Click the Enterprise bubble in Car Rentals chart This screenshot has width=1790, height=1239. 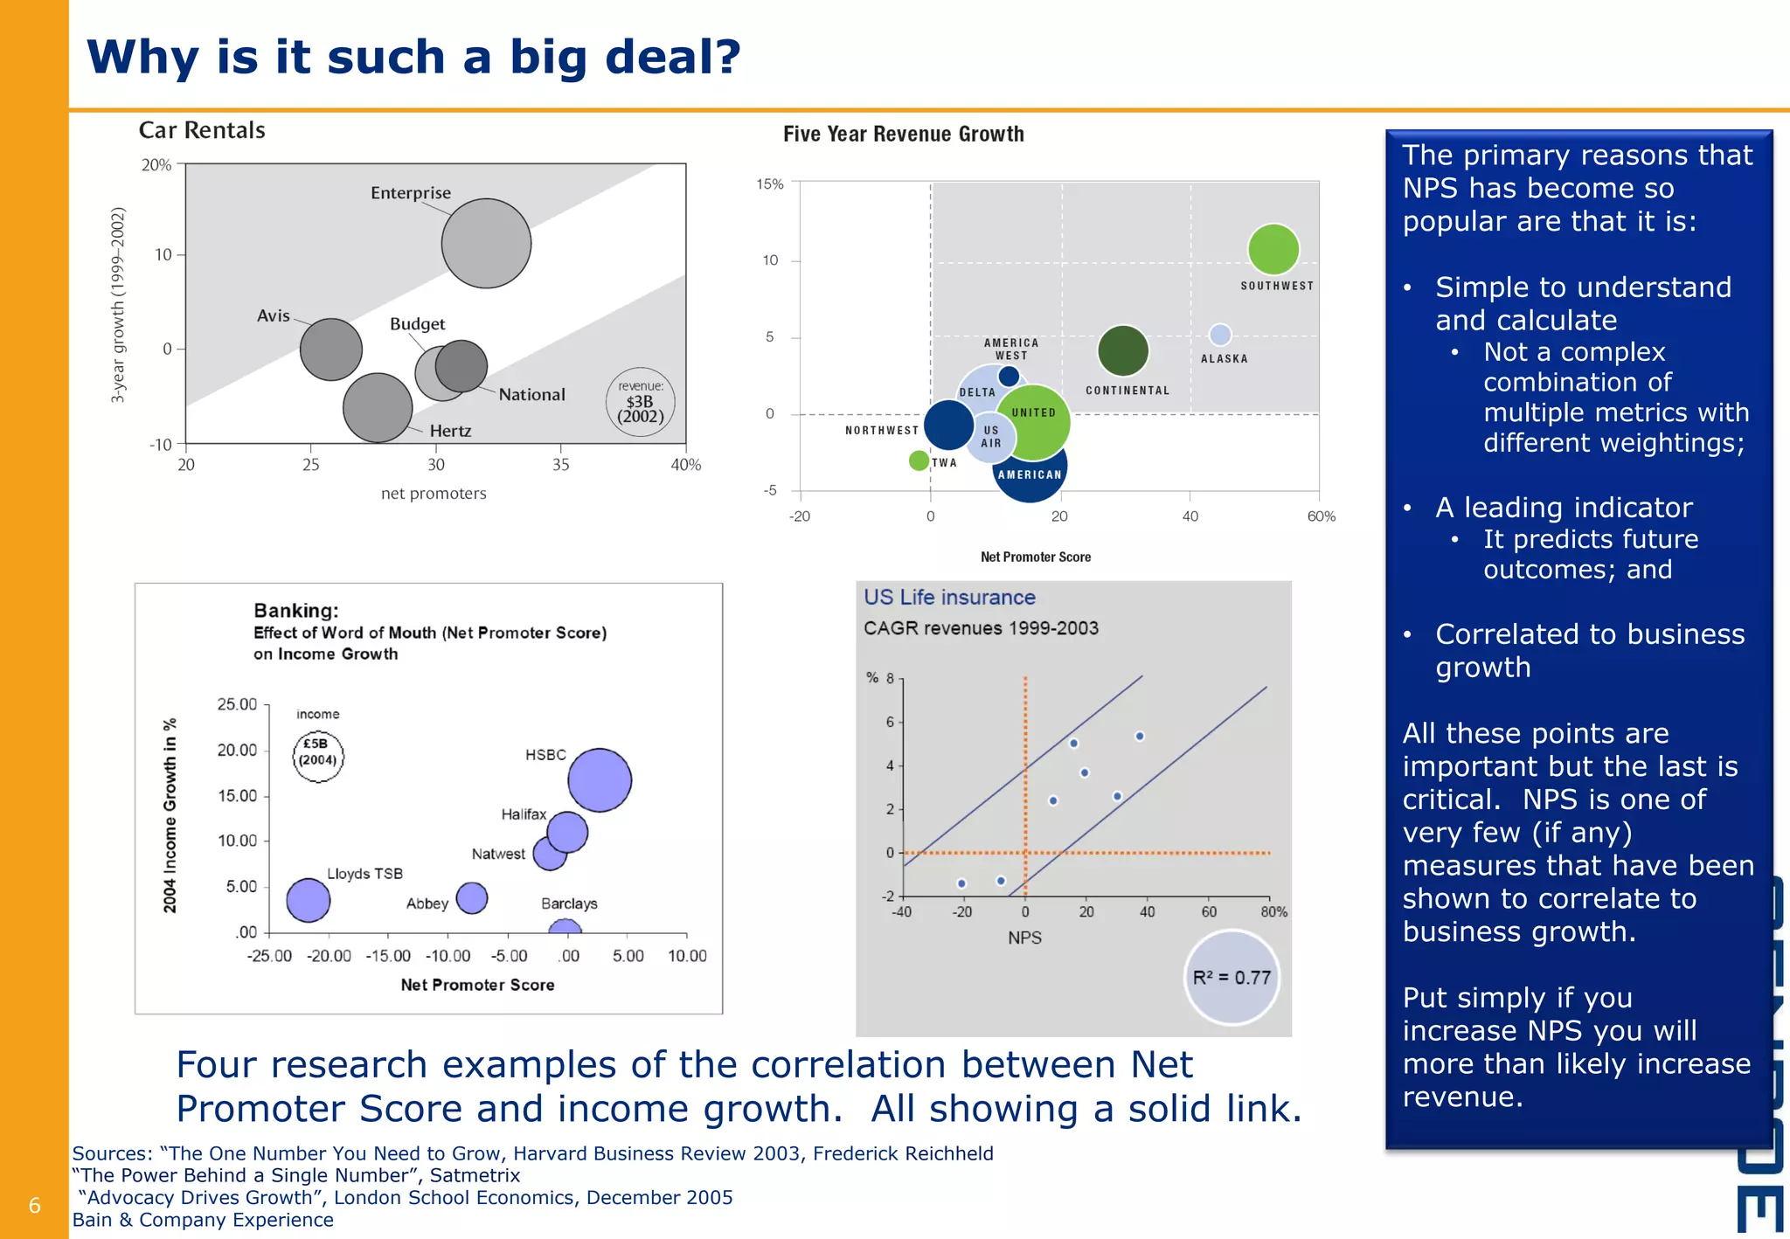486,243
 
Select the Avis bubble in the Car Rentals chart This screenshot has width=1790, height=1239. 330,349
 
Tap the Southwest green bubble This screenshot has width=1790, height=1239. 1273,249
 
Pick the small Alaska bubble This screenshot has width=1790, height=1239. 1220,335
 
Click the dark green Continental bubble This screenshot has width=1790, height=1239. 1122,350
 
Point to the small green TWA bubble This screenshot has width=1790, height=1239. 918,460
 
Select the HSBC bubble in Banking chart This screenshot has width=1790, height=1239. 600,779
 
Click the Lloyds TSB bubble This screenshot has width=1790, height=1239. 308,900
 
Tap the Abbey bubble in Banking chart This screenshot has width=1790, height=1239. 472,897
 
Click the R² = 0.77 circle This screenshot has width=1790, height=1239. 1231,977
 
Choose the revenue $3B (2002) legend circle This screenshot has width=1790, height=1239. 640,402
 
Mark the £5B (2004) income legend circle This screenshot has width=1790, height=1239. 317,756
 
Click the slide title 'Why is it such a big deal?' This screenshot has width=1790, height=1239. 413,58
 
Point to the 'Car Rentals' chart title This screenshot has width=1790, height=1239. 202,130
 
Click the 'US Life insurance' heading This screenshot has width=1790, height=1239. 949,597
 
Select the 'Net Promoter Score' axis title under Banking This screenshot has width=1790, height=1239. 477,985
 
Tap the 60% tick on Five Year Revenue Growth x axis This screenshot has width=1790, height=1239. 1321,516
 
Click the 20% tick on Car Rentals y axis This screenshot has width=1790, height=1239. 156,165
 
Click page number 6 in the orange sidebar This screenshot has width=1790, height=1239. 35,1206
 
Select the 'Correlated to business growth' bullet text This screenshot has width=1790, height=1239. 1588,650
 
